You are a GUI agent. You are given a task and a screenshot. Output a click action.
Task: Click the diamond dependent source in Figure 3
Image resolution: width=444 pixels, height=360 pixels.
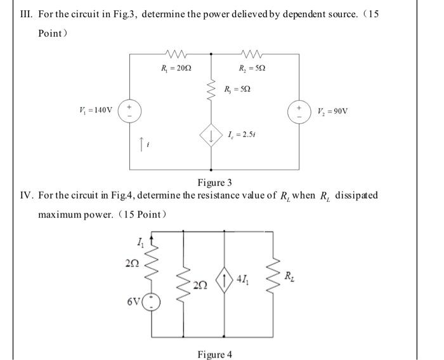[x=211, y=135]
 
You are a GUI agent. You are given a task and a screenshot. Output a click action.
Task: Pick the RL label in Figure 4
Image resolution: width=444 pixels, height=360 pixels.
[x=289, y=276]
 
